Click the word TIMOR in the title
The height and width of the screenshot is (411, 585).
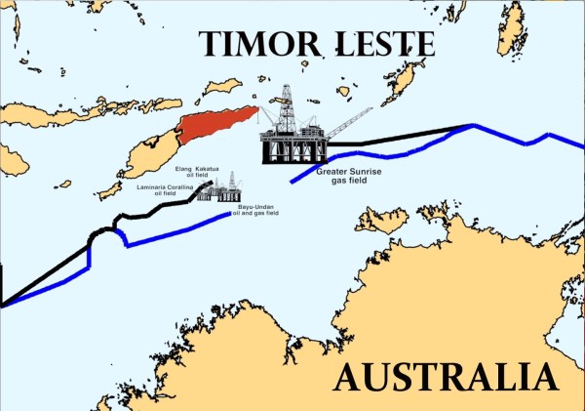[254, 44]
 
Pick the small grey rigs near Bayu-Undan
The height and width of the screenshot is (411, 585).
[218, 189]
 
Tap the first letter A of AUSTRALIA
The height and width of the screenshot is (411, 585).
[351, 375]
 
